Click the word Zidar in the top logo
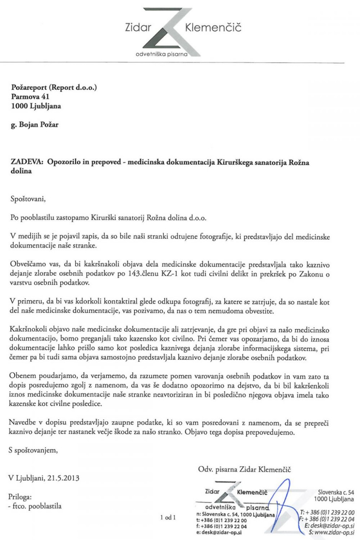tap(138, 27)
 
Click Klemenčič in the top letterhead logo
tap(213, 27)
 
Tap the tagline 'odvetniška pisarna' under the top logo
tap(161, 54)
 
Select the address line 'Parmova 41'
tap(30, 97)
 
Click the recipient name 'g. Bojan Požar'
tap(35, 124)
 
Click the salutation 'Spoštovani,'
tap(28, 199)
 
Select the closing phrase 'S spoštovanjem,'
tap(33, 450)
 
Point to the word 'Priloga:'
tap(20, 497)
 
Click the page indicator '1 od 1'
tap(168, 517)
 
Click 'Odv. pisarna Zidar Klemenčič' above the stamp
tap(244, 469)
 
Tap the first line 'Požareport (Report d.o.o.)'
tap(54, 88)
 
